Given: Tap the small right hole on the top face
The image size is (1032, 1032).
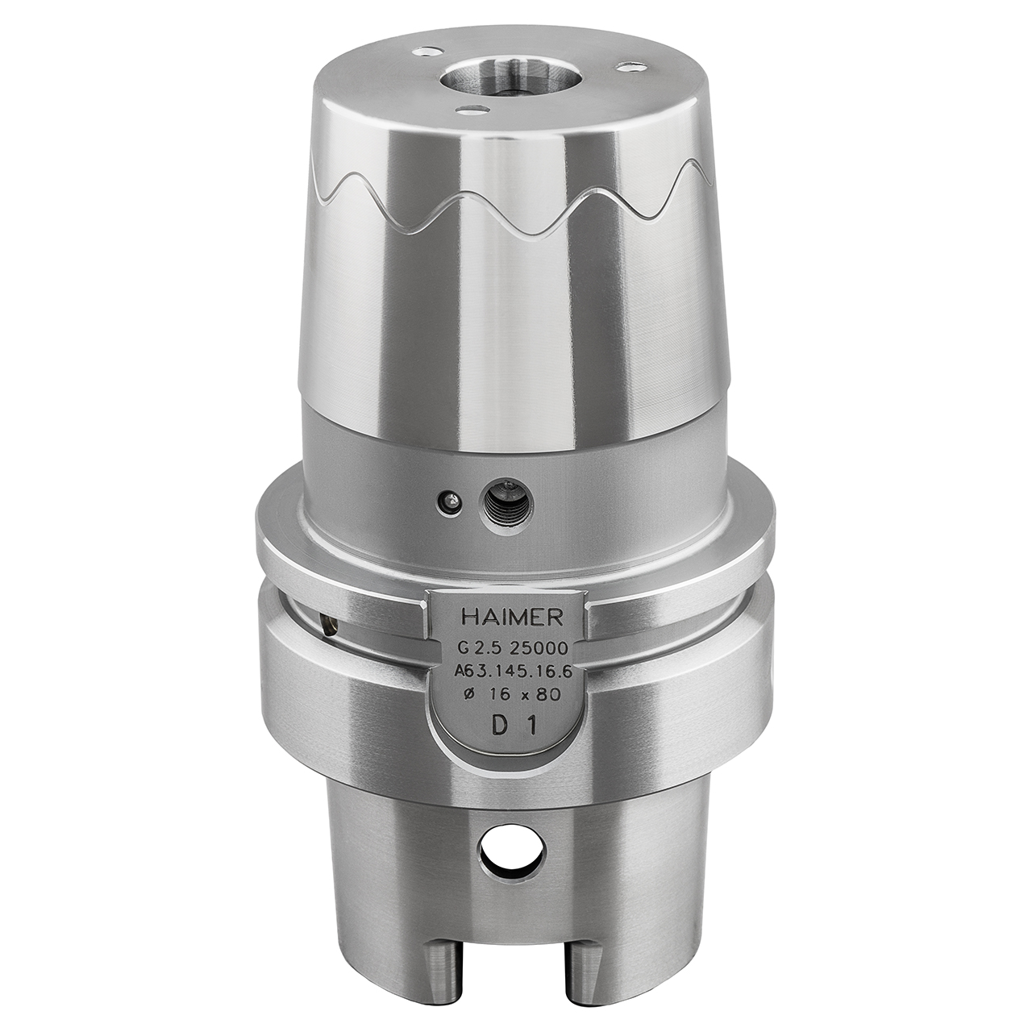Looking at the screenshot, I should [626, 68].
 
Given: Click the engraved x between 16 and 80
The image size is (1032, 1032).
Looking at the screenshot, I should [527, 696].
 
